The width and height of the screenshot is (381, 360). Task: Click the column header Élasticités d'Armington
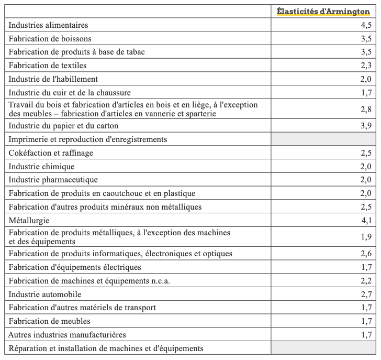coord(323,12)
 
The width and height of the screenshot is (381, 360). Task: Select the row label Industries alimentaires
coord(49,25)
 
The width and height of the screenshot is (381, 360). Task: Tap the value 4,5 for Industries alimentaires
coord(366,25)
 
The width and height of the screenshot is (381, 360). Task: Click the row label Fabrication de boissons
coord(50,39)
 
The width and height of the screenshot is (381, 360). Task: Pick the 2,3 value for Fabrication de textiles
coord(366,66)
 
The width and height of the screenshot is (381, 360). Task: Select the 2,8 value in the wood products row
coord(366,109)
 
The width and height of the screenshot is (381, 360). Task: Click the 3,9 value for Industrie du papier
coord(366,126)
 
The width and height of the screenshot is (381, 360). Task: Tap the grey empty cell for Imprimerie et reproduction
coord(323,139)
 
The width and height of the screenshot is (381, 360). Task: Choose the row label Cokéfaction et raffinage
coord(51,153)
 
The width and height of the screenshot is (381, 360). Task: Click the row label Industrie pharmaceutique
coord(53,180)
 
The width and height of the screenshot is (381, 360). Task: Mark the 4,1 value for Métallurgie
coord(366,221)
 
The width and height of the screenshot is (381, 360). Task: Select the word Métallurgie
coord(30,221)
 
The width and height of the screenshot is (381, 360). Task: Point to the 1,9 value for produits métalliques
coord(366,237)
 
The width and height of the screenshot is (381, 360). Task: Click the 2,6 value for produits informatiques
coord(366,254)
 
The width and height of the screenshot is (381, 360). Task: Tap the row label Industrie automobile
coord(45,294)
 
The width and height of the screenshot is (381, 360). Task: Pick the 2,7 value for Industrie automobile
coord(366,294)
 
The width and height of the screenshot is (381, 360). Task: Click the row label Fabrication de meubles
coord(50,321)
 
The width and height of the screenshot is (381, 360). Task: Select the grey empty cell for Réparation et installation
coord(323,348)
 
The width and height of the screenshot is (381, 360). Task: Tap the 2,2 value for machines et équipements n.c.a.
coord(366,281)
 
